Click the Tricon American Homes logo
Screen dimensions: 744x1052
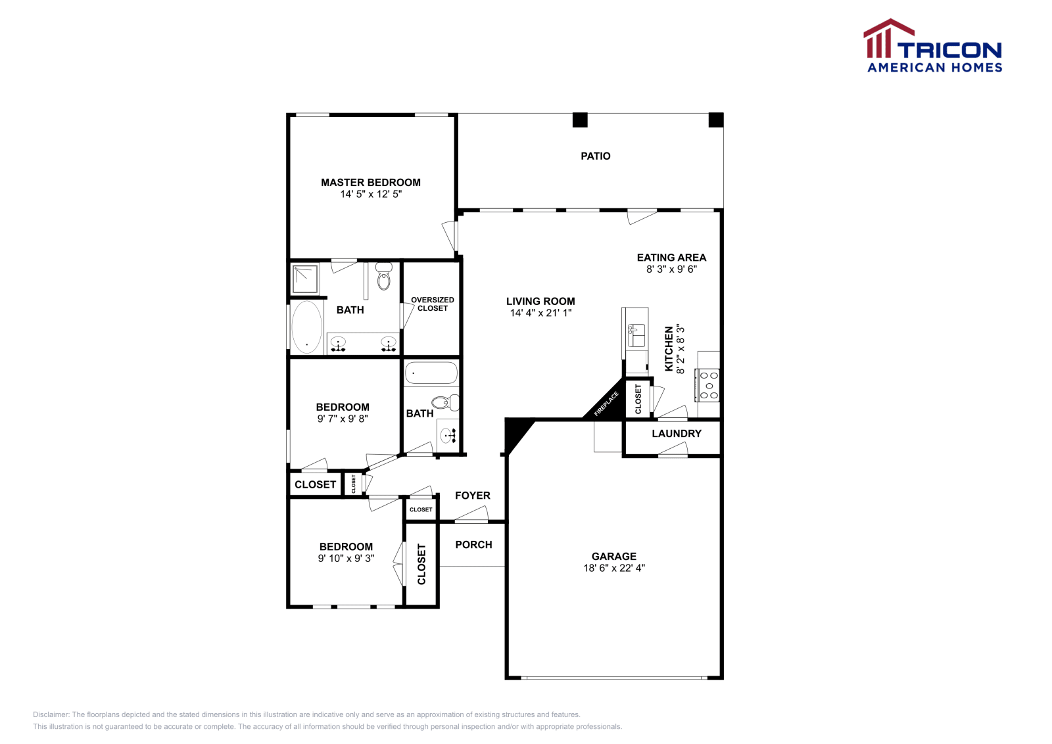tap(932, 46)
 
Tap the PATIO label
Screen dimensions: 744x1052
tap(595, 156)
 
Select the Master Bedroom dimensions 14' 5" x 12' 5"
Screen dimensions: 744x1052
tap(371, 194)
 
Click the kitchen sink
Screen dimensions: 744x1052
tap(636, 335)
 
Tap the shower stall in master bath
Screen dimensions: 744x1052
tap(306, 279)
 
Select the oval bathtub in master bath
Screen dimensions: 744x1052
tap(306, 327)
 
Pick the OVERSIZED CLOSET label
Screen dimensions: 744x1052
tap(432, 304)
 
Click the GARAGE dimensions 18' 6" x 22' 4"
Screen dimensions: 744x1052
tap(614, 568)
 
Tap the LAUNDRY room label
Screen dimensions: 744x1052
tap(676, 434)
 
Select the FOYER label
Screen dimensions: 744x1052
tap(472, 496)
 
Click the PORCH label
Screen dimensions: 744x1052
tap(473, 544)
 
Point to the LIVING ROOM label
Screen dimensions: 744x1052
tap(540, 301)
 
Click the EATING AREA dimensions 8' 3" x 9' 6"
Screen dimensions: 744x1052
tap(671, 269)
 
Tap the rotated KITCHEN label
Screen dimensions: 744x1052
tap(669, 349)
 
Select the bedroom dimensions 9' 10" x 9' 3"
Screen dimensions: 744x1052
tap(346, 558)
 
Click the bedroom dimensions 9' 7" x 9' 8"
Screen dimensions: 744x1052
tap(343, 419)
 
